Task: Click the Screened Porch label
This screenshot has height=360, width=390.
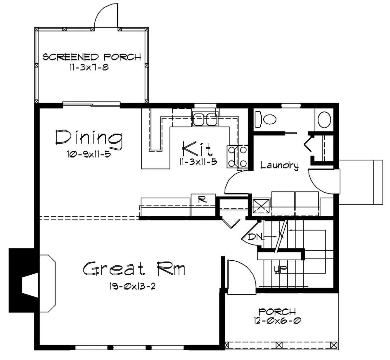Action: coord(92,57)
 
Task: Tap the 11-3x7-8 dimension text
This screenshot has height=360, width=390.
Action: coord(89,68)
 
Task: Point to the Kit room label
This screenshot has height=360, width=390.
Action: coord(197,149)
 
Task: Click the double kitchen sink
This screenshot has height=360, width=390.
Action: coord(205,119)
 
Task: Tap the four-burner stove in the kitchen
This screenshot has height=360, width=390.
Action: coord(237,156)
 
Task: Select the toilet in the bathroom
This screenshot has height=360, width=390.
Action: coord(265,119)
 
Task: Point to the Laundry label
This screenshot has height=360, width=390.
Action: coord(279,165)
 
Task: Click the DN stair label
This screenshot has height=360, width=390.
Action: coord(255,237)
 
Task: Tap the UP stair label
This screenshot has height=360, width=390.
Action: coord(280,269)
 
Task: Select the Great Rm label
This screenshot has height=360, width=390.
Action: coord(134,269)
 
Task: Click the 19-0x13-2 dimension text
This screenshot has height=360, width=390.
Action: coord(132,286)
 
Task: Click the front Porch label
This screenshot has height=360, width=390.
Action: coord(277,312)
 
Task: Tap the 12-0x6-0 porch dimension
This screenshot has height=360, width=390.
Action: coord(278,321)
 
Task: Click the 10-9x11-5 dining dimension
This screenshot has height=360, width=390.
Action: coord(89,154)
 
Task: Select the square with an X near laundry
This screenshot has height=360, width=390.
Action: coord(261,206)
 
